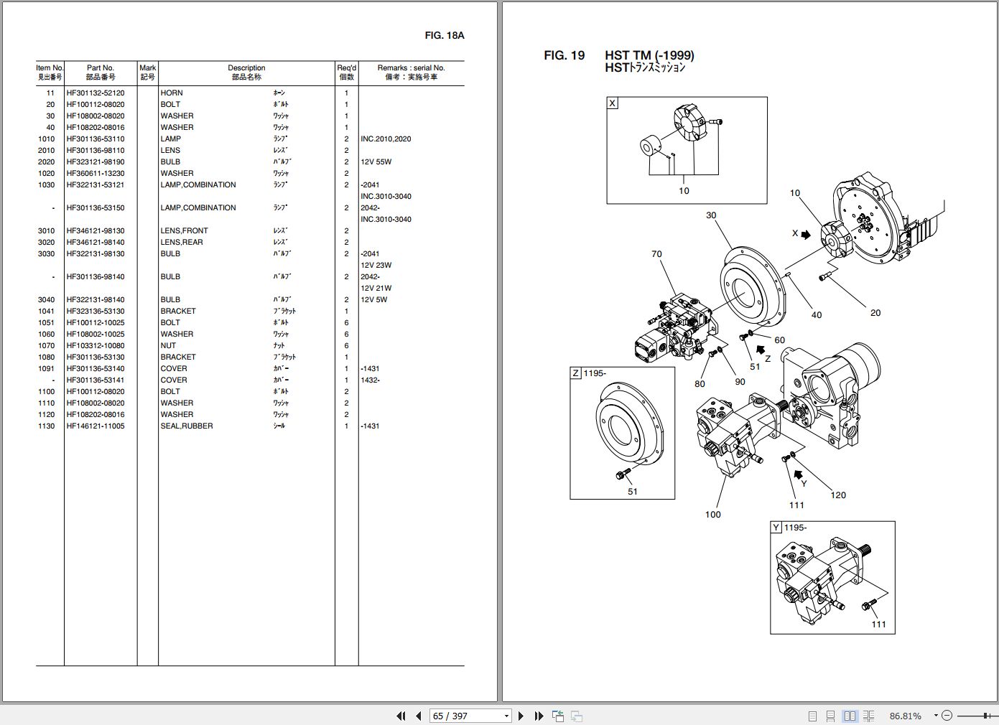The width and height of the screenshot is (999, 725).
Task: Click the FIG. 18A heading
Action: tap(444, 35)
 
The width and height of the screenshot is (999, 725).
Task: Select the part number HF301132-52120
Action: tap(96, 93)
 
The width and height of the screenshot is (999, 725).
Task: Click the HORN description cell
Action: tap(172, 93)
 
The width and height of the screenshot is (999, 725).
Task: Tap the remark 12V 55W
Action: tap(376, 162)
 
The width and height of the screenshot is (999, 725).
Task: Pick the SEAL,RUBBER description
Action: tap(187, 426)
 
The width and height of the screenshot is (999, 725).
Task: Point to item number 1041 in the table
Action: tap(47, 311)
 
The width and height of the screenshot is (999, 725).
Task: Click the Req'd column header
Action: tap(346, 72)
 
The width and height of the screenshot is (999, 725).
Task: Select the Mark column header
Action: tap(147, 72)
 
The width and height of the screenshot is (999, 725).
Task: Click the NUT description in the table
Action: tap(168, 345)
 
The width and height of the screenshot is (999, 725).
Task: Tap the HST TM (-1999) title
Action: tap(649, 55)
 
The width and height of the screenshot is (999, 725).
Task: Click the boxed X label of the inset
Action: tap(613, 103)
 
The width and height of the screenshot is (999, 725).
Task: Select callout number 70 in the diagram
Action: tap(656, 254)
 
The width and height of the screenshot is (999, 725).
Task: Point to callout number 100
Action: tap(712, 514)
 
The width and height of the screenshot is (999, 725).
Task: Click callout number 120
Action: tap(838, 495)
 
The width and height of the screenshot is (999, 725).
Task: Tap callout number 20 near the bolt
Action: tap(875, 312)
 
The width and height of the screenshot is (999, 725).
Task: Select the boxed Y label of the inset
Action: tap(776, 528)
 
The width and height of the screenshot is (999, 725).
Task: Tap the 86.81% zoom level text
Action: tap(905, 716)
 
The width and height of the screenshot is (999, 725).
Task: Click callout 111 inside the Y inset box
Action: tap(878, 624)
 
